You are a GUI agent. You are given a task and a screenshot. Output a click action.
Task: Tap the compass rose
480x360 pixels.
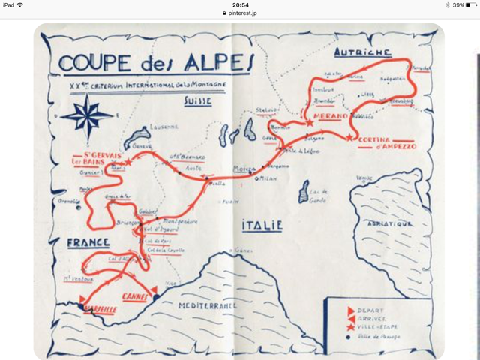[x=88, y=117]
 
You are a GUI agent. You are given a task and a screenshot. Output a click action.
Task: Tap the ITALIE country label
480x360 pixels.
[x=262, y=224]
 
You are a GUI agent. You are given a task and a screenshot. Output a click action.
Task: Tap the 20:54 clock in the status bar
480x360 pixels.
[x=240, y=4]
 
